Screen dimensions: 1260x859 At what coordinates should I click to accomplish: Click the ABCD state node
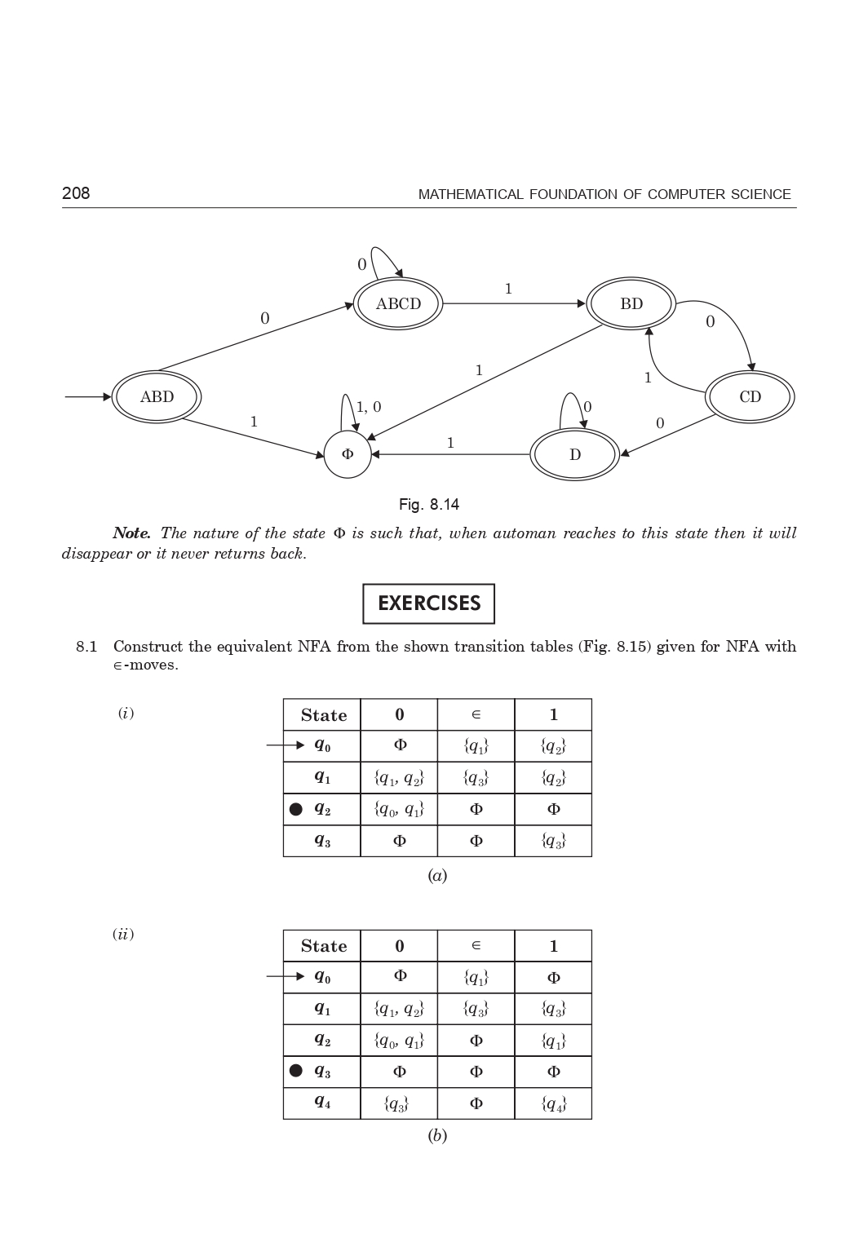point(398,304)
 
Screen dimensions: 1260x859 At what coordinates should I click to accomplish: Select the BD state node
point(631,304)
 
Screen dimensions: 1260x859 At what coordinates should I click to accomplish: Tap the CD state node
point(750,397)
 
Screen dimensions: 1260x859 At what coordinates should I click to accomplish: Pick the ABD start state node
point(157,397)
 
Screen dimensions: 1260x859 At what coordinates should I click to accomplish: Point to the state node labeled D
point(574,455)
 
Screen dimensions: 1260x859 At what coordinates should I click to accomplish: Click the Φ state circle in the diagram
point(348,454)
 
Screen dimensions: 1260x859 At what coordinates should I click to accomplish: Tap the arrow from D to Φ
point(450,454)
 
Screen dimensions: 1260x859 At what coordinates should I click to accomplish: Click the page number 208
point(76,193)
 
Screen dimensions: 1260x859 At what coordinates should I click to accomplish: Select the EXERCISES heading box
point(429,603)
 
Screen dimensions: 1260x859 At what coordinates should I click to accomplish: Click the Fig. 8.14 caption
point(429,505)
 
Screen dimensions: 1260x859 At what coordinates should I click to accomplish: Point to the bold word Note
point(131,533)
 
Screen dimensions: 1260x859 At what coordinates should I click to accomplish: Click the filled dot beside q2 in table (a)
point(296,809)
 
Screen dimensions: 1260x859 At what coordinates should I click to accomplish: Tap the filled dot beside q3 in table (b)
point(296,1071)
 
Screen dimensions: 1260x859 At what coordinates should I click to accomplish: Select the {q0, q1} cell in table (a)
point(399,809)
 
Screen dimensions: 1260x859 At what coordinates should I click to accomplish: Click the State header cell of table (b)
point(323,946)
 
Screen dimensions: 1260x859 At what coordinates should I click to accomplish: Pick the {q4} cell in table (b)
point(553,1104)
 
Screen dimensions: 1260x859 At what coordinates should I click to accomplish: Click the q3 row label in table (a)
point(322,841)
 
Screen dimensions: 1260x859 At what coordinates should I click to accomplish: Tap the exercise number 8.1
point(86,647)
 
